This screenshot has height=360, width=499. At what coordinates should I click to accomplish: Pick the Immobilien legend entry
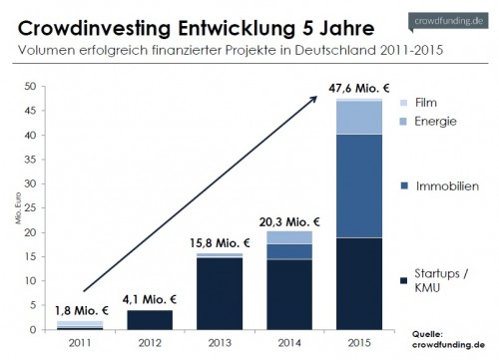coord(442,185)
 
